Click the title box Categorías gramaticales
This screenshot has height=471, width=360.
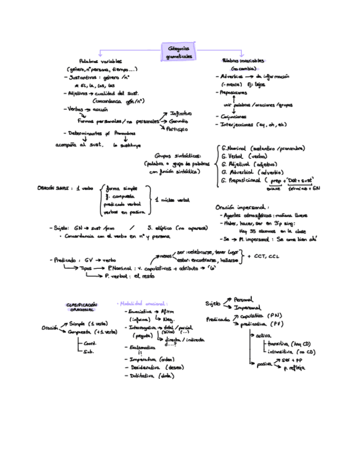click(178, 52)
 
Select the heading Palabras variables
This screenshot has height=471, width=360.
click(101, 62)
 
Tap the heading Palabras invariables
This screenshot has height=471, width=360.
click(243, 61)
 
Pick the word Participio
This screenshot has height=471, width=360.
click(177, 129)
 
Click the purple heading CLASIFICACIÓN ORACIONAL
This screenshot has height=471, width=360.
click(82, 307)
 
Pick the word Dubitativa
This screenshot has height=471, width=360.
click(142, 375)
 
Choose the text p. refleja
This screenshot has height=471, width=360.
click(293, 368)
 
